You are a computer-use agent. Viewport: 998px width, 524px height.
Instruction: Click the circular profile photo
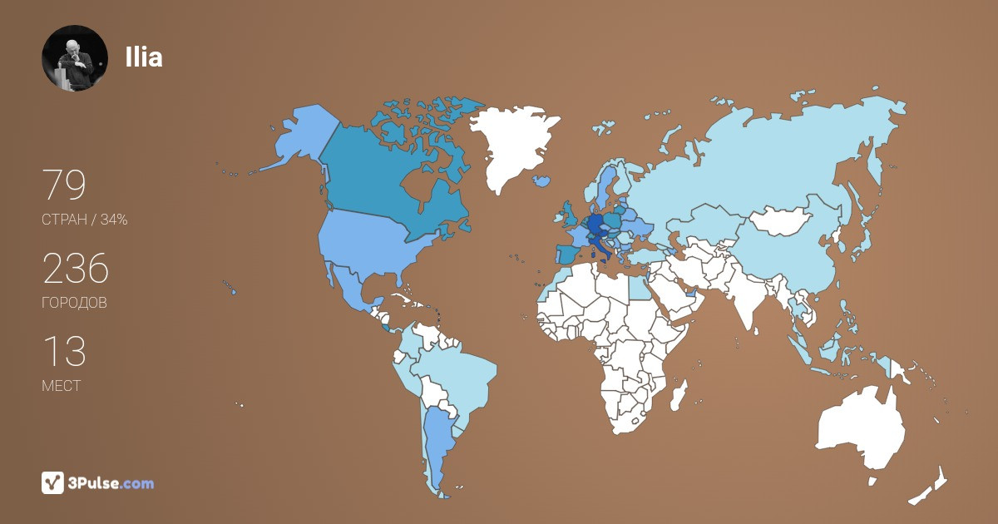[x=75, y=58]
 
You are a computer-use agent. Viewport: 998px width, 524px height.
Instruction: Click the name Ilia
[x=143, y=57]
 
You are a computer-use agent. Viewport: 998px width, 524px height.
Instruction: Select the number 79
[x=64, y=185]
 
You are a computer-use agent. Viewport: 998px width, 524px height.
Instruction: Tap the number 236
[x=76, y=269]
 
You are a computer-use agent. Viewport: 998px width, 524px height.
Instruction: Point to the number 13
[x=64, y=351]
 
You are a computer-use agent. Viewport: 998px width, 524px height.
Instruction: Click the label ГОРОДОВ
[x=74, y=303]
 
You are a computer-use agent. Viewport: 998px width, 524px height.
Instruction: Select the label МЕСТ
[x=61, y=386]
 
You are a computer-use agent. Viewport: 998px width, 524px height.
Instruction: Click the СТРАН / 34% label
[x=84, y=220]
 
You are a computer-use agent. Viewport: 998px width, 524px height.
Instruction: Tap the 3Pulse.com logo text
[x=112, y=482]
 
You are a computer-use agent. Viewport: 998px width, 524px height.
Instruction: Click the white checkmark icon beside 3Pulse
[x=53, y=482]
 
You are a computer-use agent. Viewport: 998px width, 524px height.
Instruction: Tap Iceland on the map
[x=542, y=180]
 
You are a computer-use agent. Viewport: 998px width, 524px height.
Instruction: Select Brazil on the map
[x=462, y=374]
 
